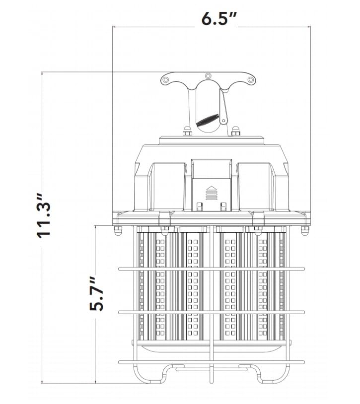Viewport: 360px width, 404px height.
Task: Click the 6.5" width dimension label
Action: point(219,18)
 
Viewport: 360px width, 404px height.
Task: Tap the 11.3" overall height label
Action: point(44,216)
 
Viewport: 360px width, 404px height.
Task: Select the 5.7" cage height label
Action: point(96,294)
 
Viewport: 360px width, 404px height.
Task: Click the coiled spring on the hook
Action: point(208,120)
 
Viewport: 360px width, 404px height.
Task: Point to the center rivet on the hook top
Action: point(208,76)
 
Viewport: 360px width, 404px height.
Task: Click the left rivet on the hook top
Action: point(165,79)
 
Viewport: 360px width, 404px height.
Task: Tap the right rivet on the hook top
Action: point(250,79)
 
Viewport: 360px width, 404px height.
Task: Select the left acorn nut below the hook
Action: point(187,131)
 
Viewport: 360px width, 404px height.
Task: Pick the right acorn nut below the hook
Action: point(235,131)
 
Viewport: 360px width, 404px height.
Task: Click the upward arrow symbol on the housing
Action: point(212,193)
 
